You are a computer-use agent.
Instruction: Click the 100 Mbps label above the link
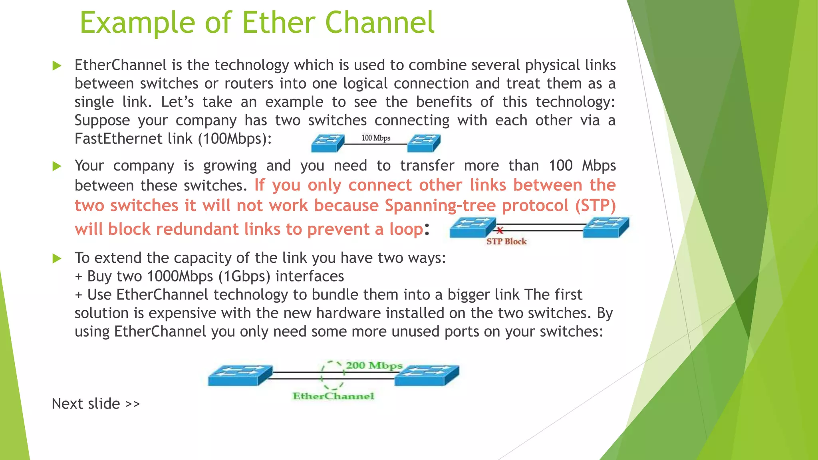[376, 138]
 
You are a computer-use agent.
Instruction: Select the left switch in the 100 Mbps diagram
[328, 143]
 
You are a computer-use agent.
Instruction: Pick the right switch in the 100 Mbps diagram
[424, 143]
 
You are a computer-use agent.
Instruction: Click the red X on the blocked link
[500, 230]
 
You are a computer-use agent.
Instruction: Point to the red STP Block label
[506, 242]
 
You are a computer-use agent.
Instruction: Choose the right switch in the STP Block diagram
[606, 227]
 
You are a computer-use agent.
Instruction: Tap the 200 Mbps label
[374, 365]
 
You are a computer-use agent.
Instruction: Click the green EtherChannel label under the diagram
[334, 396]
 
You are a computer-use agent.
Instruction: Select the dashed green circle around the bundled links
[332, 375]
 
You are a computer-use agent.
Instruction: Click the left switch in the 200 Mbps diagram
[240, 375]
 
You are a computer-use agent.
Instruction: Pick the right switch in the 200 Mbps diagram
[427, 375]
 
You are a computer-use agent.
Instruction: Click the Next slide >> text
[96, 404]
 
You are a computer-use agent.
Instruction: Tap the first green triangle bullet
[57, 66]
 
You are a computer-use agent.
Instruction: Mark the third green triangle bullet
[57, 259]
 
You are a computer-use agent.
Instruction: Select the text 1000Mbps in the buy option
[180, 276]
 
